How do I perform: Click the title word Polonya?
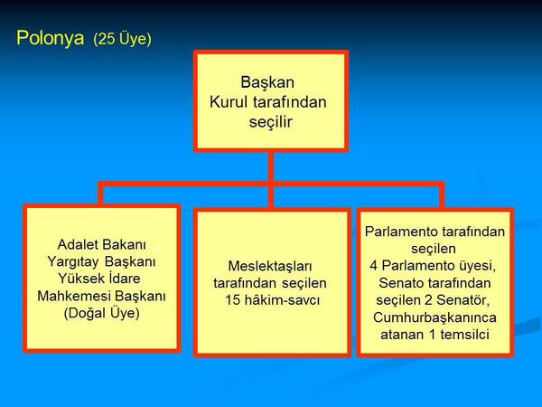(x=51, y=39)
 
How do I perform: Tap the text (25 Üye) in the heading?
(x=122, y=40)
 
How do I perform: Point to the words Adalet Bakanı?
(x=102, y=245)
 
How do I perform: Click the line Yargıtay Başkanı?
(x=101, y=261)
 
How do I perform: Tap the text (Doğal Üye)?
(x=101, y=313)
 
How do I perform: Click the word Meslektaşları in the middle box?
(x=271, y=266)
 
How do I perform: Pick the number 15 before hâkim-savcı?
(x=235, y=299)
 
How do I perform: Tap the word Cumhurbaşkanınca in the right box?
(x=436, y=317)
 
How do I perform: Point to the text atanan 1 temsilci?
(x=436, y=334)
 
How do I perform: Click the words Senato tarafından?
(x=435, y=283)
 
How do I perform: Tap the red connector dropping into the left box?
(x=101, y=194)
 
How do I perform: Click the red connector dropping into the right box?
(x=440, y=195)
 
